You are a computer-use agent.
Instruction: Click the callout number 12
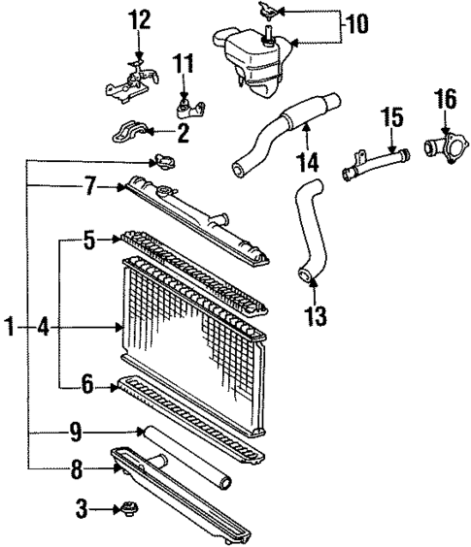point(140,18)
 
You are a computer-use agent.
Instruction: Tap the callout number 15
point(391,119)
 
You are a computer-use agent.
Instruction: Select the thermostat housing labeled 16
point(442,148)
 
